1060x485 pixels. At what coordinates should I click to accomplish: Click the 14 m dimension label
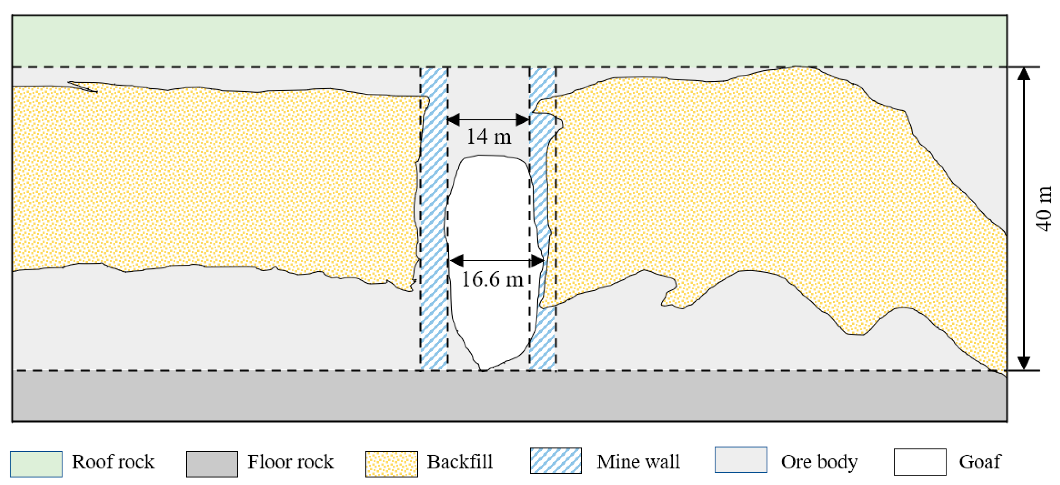tap(489, 136)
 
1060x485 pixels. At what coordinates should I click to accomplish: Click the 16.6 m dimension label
tap(492, 280)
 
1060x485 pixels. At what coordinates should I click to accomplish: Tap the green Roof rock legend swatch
tap(36, 464)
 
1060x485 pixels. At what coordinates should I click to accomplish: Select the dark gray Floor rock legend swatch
tap(212, 464)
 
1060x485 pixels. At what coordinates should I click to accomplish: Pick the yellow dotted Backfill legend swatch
tap(391, 464)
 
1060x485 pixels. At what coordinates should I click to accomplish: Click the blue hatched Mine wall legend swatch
tap(555, 461)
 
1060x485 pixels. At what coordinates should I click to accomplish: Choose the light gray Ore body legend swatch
tap(741, 459)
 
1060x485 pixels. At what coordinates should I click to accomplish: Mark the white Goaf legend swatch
tap(920, 461)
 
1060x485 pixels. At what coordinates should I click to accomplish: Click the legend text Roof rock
tap(113, 461)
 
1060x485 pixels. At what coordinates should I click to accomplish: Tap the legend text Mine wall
tap(638, 461)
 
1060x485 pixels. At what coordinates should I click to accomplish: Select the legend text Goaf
tap(979, 461)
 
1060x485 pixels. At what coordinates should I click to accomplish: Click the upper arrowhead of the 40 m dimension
tap(1023, 74)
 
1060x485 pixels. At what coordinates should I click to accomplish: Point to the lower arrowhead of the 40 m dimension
tap(1023, 363)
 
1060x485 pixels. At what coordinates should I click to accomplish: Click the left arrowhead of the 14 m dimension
tap(453, 120)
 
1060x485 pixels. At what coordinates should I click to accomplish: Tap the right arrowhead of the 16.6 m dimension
tap(537, 260)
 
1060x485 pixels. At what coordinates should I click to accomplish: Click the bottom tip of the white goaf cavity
tap(484, 369)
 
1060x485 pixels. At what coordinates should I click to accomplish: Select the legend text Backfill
tap(460, 461)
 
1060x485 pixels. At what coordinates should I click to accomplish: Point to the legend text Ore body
tap(819, 461)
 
